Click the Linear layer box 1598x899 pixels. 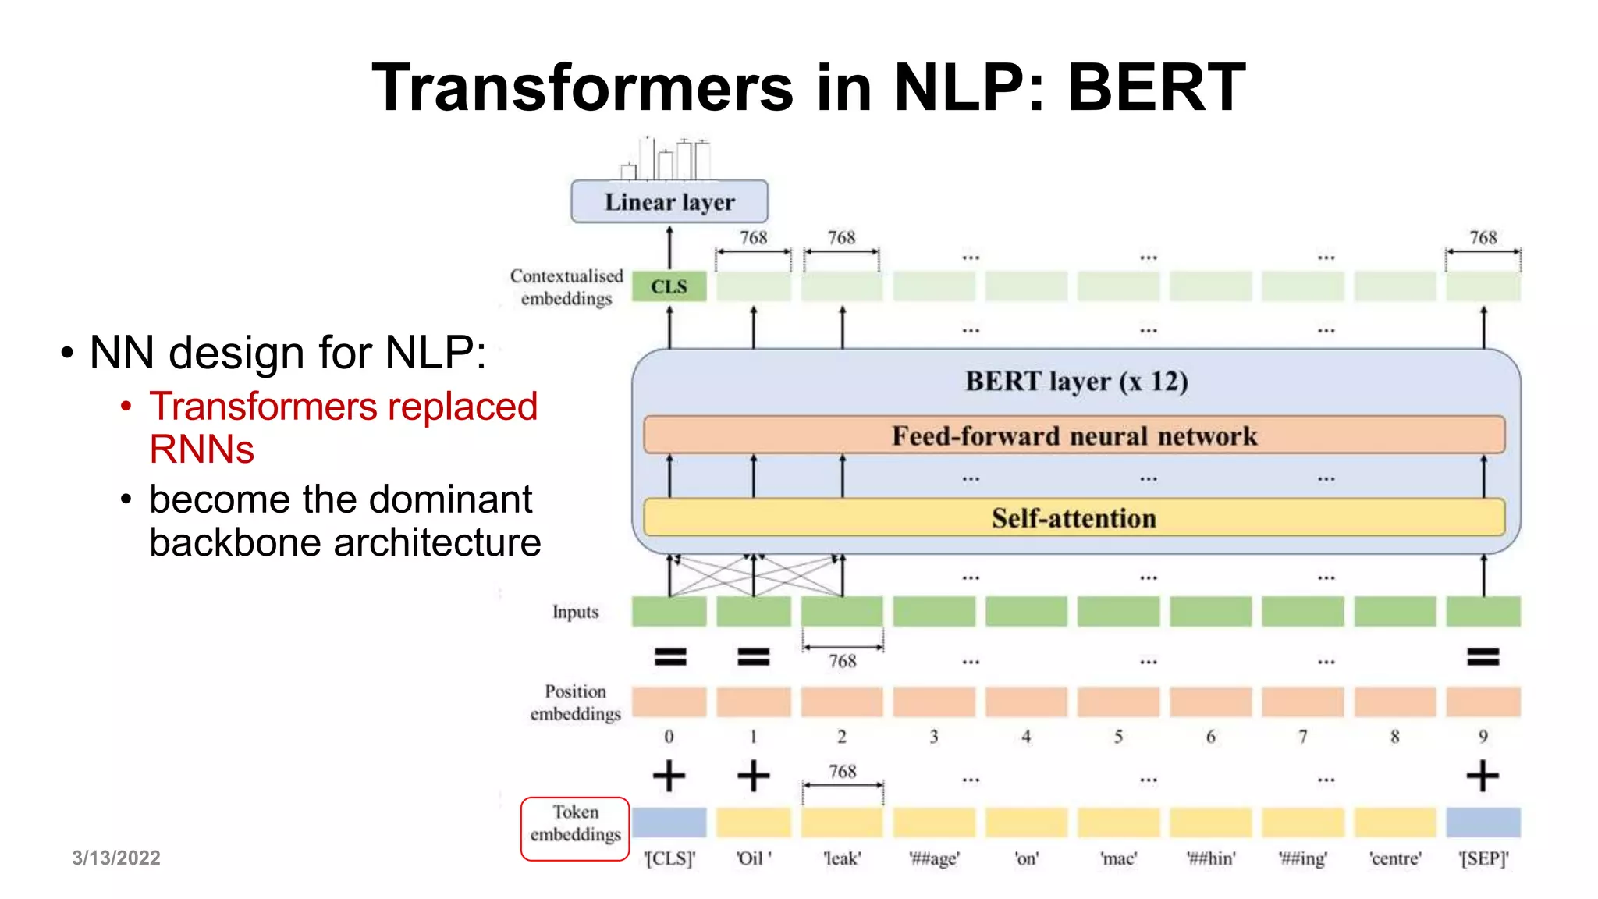click(669, 202)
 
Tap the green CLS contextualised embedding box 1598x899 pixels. click(669, 286)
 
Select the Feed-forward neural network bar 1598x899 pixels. click(1074, 435)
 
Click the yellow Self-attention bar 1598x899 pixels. click(1074, 518)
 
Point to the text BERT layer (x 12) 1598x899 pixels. click(1076, 382)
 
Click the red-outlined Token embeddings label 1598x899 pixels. click(575, 828)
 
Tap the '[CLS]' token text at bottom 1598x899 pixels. click(669, 858)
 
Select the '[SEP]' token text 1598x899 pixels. click(1483, 858)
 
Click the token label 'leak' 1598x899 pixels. click(842, 858)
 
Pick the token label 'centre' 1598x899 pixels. click(1395, 858)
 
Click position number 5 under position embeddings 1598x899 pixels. click(1118, 737)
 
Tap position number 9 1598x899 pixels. click(1483, 737)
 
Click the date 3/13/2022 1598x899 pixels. click(116, 858)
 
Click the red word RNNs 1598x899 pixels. click(202, 449)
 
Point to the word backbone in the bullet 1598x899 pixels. click(235, 542)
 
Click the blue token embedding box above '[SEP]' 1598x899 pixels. click(1483, 823)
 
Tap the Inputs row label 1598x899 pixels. click(575, 612)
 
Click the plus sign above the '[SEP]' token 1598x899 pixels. click(1483, 776)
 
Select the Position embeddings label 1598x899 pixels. click(575, 702)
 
